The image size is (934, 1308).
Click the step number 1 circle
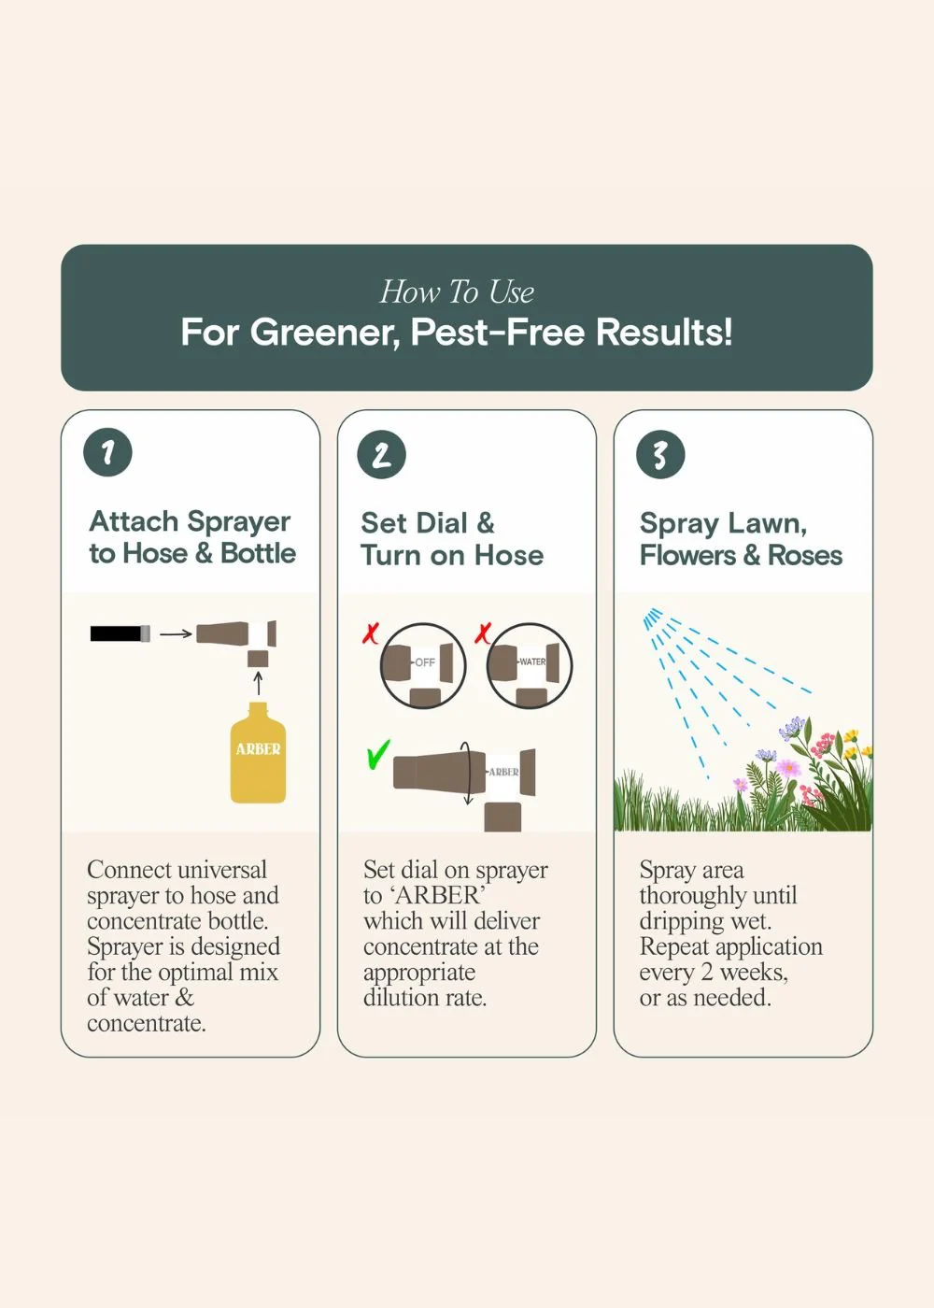(108, 452)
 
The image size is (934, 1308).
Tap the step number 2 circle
(382, 455)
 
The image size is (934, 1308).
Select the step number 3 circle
(660, 455)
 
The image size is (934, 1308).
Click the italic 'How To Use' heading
(457, 291)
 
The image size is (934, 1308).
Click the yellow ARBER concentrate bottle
(258, 753)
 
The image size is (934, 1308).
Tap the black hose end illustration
(120, 633)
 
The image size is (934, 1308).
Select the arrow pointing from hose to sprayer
(176, 633)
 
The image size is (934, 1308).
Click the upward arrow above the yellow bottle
(259, 684)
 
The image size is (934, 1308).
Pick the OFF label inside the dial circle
(424, 662)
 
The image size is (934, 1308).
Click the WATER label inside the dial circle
(531, 661)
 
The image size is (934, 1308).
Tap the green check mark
(378, 755)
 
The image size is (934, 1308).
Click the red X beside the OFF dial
(371, 633)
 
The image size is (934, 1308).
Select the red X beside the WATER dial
(483, 633)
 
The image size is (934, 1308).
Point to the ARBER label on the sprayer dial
(503, 772)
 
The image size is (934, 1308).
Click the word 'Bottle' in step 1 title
(259, 553)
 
